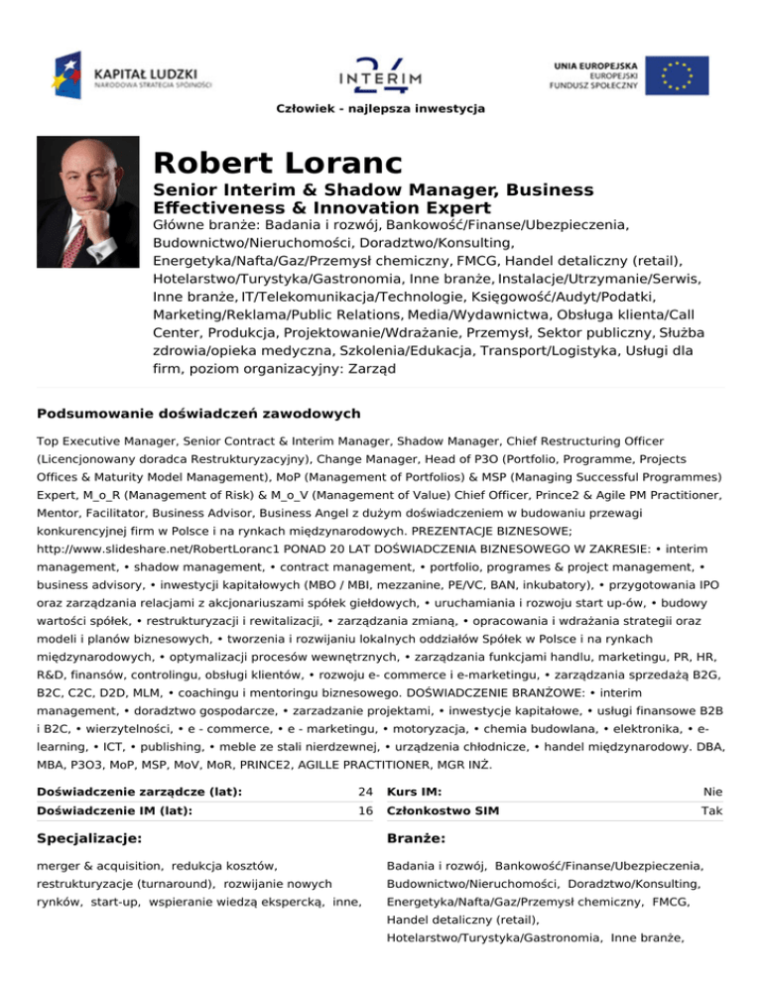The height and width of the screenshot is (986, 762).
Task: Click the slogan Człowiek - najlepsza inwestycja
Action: click(381, 107)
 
